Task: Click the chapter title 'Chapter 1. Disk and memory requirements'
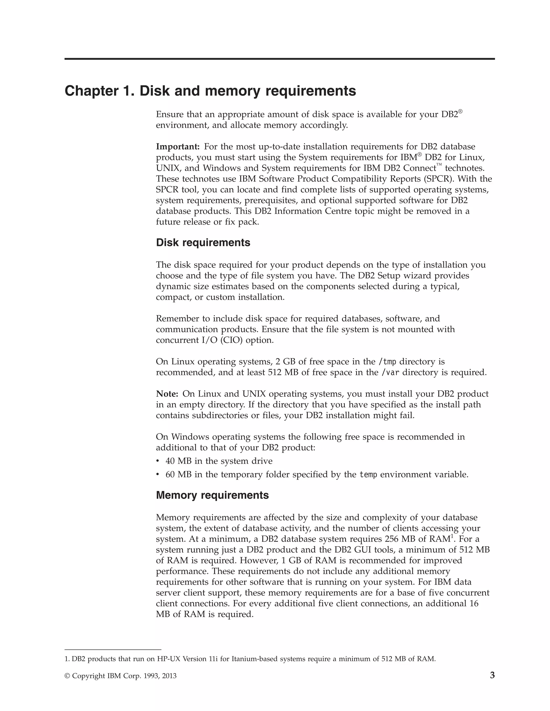pyautogui.click(x=210, y=91)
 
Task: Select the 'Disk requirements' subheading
pyautogui.click(x=203, y=243)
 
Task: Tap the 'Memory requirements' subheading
pyautogui.click(x=212, y=495)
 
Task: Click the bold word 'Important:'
pyautogui.click(x=178, y=146)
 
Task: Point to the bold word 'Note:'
pyautogui.click(x=167, y=394)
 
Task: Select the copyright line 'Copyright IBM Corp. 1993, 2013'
pyautogui.click(x=121, y=676)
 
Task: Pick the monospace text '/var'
pyautogui.click(x=390, y=372)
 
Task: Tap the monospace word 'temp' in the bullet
pyautogui.click(x=368, y=475)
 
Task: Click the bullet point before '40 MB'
pyautogui.click(x=158, y=461)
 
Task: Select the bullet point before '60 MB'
pyautogui.click(x=158, y=475)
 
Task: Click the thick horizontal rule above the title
pyautogui.click(x=280, y=59)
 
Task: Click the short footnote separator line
pyautogui.click(x=113, y=650)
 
